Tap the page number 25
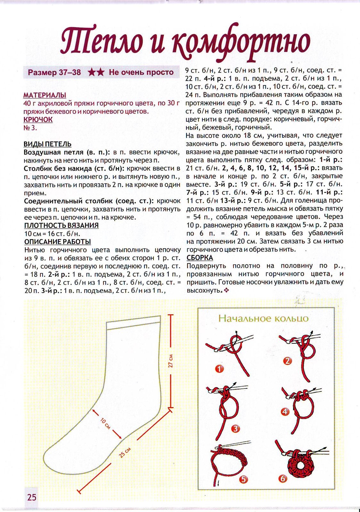coord(32,497)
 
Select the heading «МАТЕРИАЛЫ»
coord(45,95)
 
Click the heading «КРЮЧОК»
coord(38,120)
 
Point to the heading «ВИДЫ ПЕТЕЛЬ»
coord(47,144)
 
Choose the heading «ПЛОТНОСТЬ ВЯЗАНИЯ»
coord(61,225)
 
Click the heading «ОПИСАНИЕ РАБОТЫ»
coord(57,242)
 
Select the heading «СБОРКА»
coord(200,258)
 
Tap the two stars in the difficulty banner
coord(96,72)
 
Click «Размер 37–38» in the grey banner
coord(54,72)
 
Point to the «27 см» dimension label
coord(171,361)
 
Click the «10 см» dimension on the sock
coord(106,423)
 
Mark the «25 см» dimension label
coord(125,452)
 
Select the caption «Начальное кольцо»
coord(263,318)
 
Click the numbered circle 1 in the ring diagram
coord(219,369)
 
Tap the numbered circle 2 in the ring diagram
coord(288,361)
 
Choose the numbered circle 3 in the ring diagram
coord(235,428)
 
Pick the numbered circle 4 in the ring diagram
coord(285,412)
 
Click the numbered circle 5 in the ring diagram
coord(243,479)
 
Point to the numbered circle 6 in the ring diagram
coord(282,479)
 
